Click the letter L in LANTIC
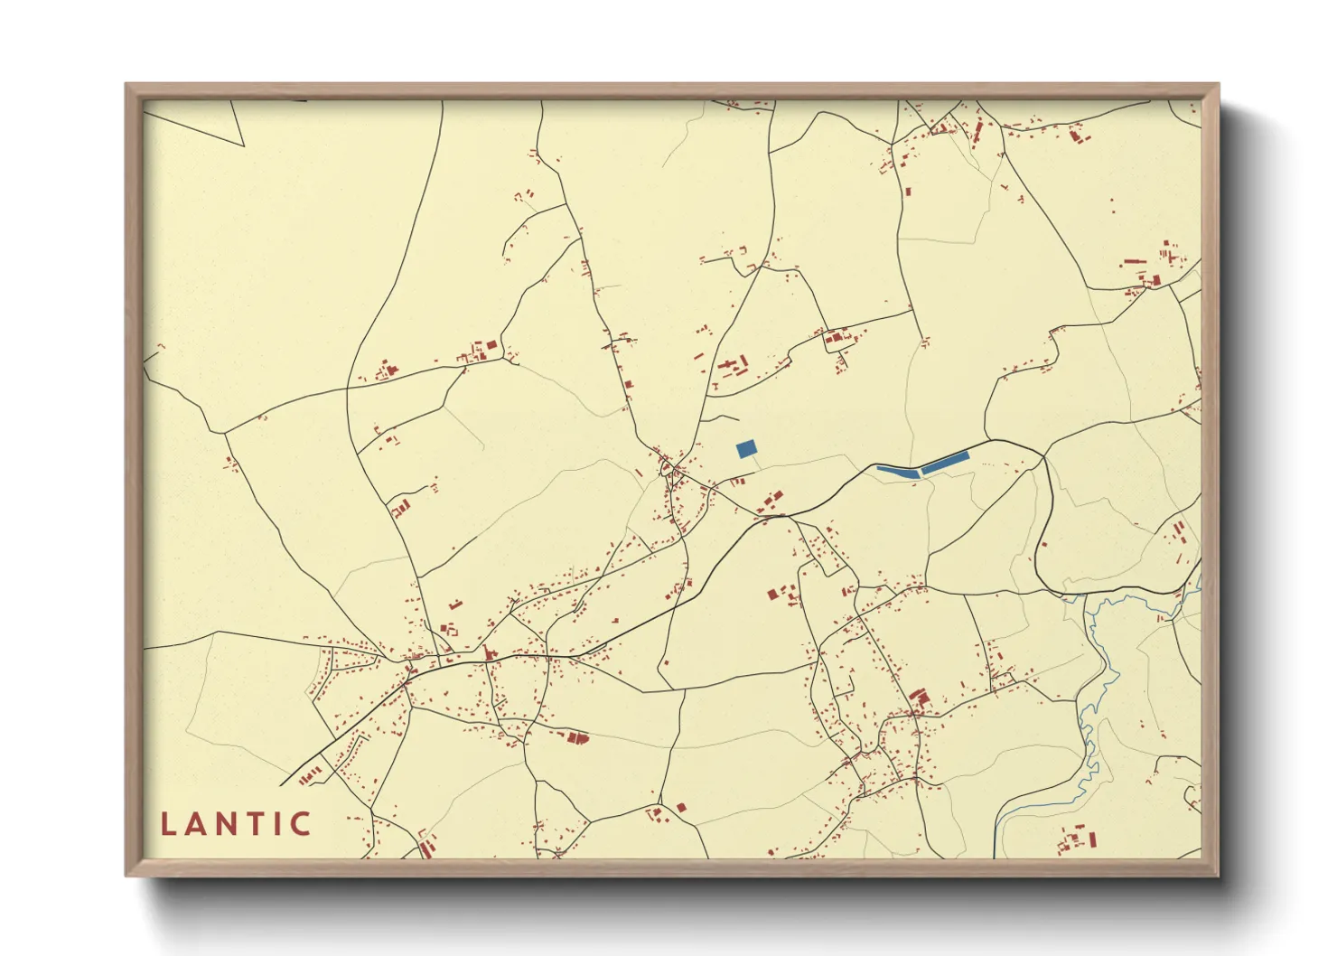[168, 824]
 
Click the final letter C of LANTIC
[301, 824]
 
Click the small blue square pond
[746, 449]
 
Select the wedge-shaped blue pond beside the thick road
[898, 471]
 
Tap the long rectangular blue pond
[945, 463]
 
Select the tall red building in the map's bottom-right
[1091, 839]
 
